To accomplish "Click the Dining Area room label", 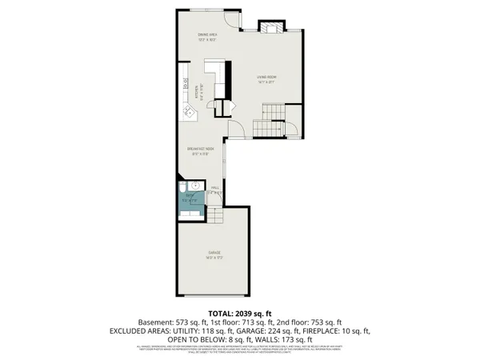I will pos(208,37).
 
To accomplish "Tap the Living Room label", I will pos(266,78).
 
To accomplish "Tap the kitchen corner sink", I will pos(190,114).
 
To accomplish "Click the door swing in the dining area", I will pos(232,20).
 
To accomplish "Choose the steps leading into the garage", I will pos(216,210).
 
